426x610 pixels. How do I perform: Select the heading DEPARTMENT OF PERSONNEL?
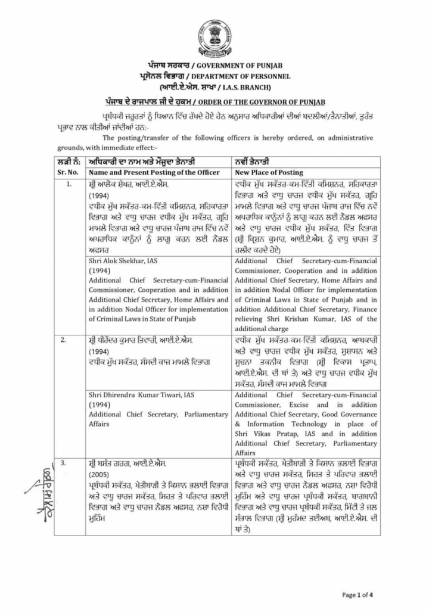(242, 76)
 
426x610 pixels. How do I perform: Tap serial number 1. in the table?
(69, 183)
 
